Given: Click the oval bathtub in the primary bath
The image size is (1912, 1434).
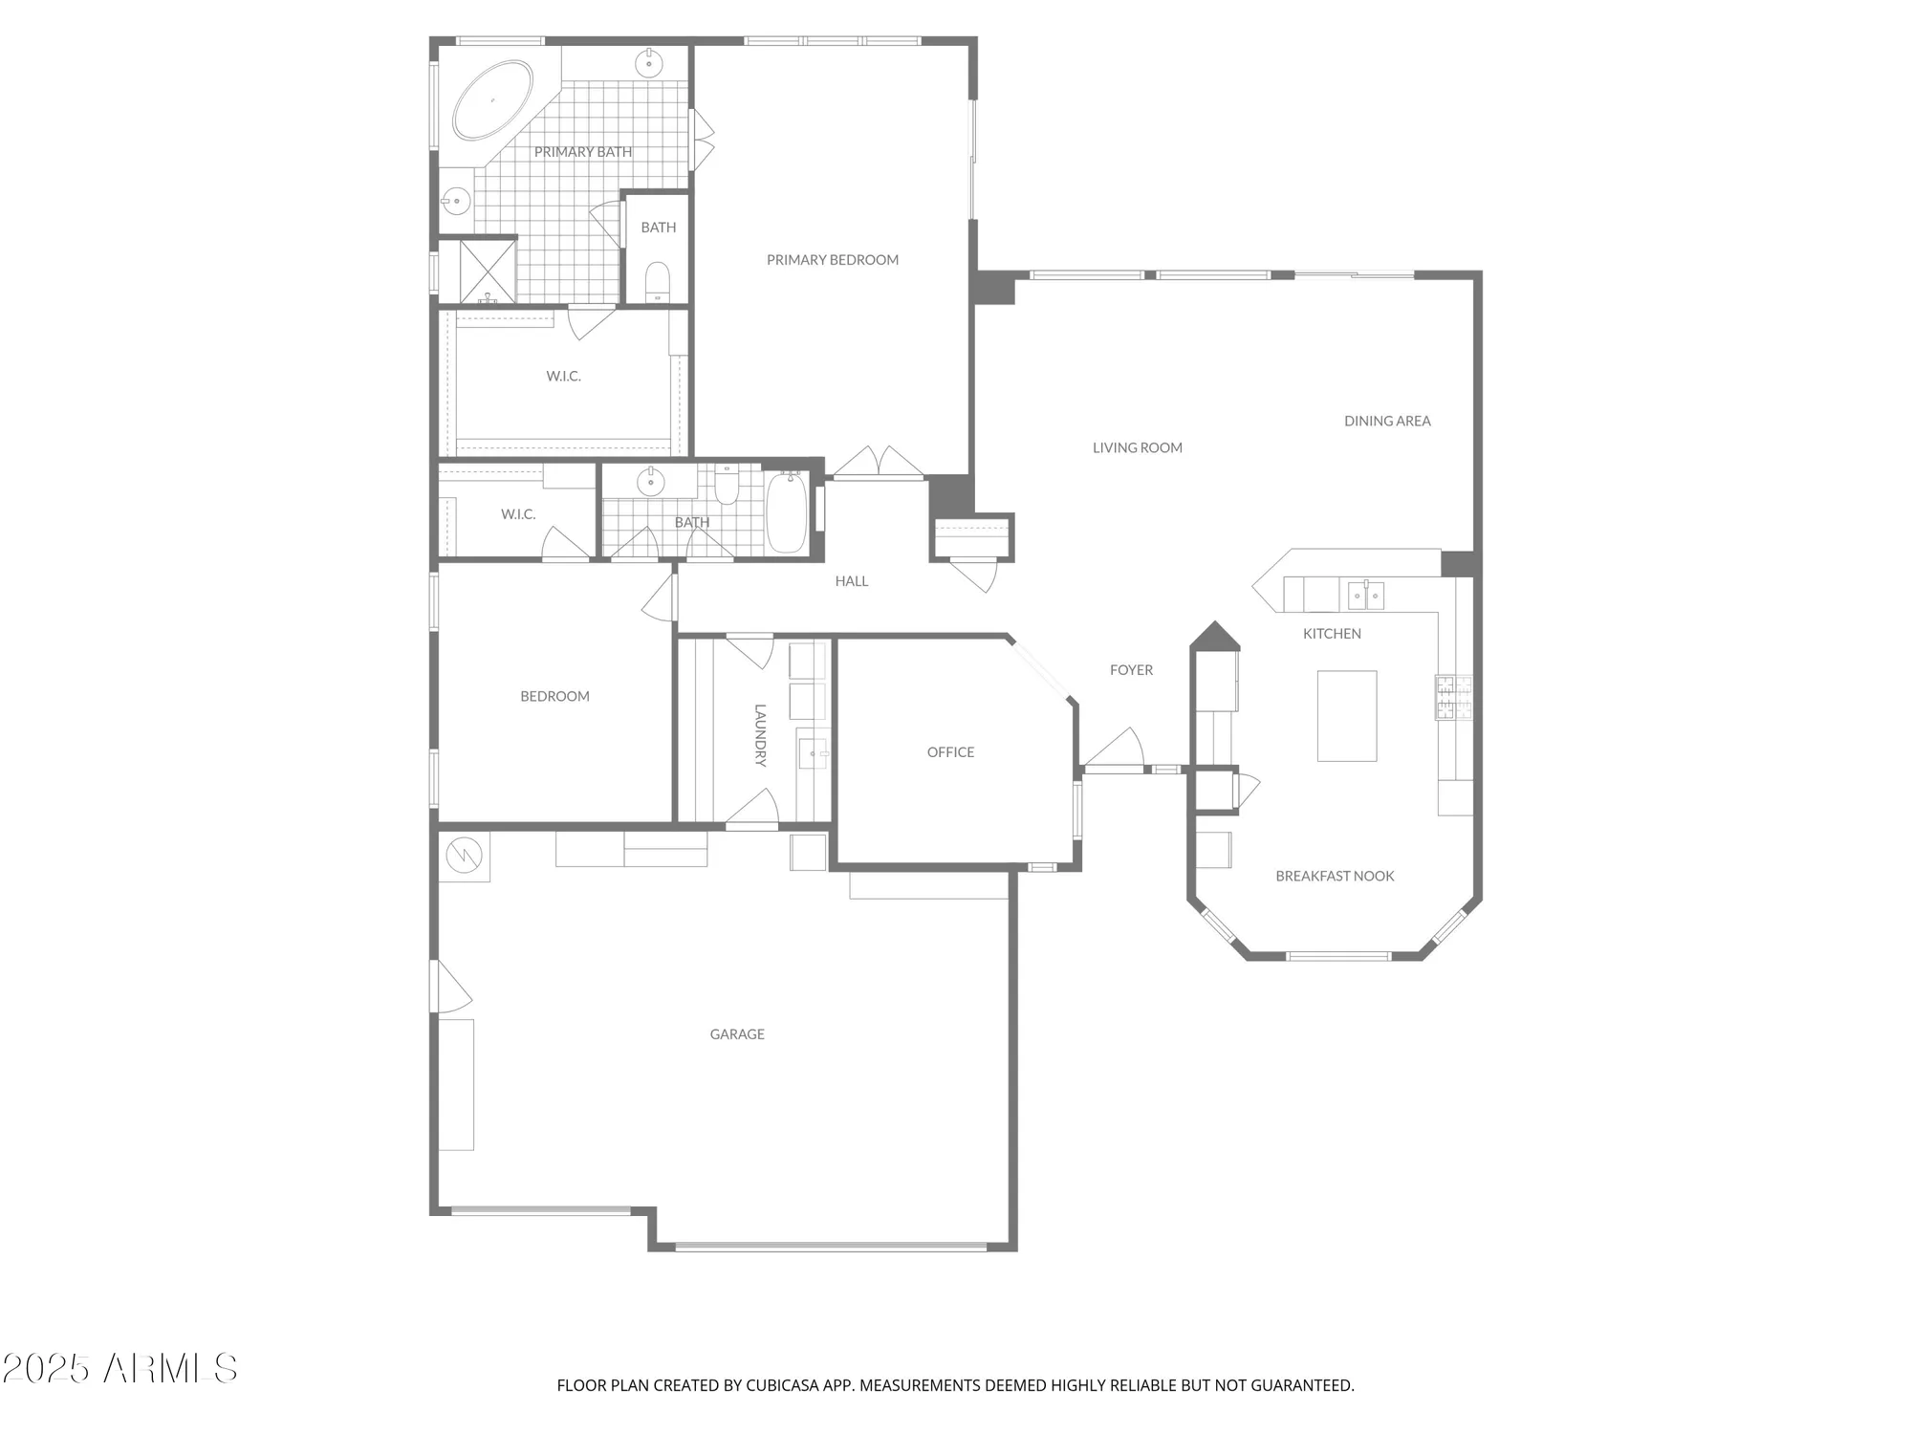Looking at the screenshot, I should tap(492, 101).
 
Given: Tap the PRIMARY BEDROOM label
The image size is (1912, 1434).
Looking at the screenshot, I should tap(832, 260).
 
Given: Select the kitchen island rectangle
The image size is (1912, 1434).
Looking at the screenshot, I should tap(1346, 715).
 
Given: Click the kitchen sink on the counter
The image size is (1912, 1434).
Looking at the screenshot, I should tap(1365, 596).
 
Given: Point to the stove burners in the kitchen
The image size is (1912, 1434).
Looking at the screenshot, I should tap(1453, 697).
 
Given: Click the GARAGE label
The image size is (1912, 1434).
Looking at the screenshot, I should tap(737, 1034).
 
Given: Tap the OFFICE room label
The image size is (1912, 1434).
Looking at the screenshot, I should tap(950, 752).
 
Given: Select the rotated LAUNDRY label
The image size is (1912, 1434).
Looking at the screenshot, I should tap(760, 735).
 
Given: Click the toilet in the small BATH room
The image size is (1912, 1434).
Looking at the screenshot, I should tap(658, 282).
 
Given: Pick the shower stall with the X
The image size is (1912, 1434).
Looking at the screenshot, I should tap(488, 271).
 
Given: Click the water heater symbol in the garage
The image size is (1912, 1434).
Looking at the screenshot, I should tap(465, 856).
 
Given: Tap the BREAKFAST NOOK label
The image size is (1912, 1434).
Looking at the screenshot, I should tap(1335, 876).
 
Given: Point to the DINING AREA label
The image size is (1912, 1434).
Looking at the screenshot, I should tap(1387, 421).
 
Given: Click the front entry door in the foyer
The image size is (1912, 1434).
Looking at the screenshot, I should tap(1115, 751).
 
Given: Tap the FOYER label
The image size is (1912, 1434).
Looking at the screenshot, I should tap(1131, 670).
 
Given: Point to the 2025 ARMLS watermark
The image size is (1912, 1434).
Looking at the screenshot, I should tap(119, 1369).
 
